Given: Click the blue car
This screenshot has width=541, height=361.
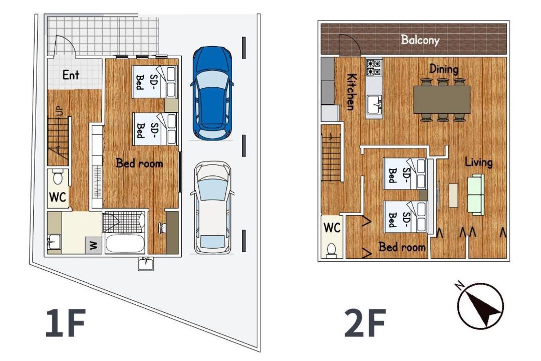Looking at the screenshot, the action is (x=212, y=93).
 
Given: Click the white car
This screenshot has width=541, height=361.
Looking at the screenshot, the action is (x=212, y=208).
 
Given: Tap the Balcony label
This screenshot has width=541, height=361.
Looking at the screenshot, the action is (x=420, y=40).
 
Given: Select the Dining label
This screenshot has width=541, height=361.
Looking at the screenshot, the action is (x=444, y=69).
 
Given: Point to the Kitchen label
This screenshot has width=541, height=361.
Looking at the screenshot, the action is (x=352, y=92).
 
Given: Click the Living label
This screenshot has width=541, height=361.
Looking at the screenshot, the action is (x=478, y=162).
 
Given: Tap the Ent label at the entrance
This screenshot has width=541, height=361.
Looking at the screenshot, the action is (x=71, y=75).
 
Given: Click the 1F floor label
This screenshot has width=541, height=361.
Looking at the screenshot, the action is (x=65, y=323).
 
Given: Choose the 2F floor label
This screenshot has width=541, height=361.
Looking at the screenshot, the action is (x=365, y=323).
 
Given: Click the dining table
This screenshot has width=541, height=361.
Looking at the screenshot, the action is (x=442, y=99).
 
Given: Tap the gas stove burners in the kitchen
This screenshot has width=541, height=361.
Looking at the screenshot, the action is (x=374, y=68).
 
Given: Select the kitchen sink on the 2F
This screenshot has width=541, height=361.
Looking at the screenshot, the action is (x=375, y=104).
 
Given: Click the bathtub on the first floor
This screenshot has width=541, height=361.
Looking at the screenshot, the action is (x=125, y=244).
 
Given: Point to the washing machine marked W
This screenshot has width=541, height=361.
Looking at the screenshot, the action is (x=94, y=246).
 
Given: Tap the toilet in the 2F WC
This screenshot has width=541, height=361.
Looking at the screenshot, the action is (x=332, y=249).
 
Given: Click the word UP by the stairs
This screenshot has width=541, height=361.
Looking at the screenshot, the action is (x=60, y=112).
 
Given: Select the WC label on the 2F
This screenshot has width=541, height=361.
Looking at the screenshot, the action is (x=332, y=228).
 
